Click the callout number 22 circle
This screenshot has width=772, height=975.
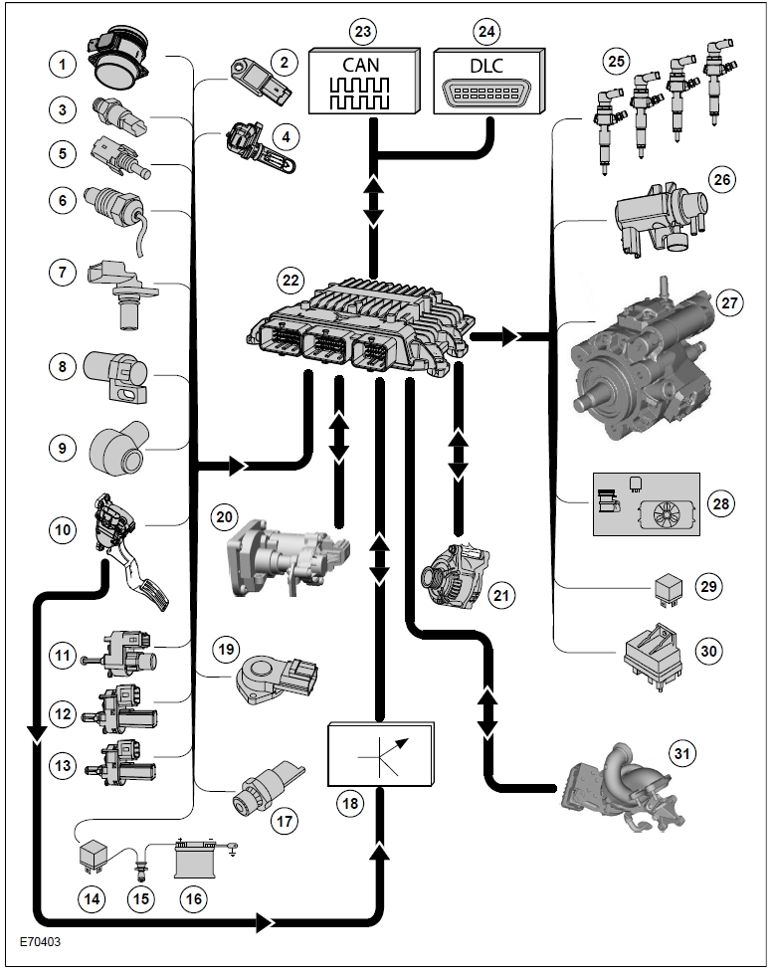point(290,280)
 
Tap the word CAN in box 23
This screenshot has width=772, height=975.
point(360,65)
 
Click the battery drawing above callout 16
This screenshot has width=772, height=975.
point(197,859)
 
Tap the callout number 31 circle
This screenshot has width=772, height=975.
point(681,753)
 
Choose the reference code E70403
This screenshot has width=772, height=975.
point(41,941)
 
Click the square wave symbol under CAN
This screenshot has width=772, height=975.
point(360,94)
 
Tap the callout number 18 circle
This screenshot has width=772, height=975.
point(350,803)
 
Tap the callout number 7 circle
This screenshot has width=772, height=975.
point(62,272)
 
